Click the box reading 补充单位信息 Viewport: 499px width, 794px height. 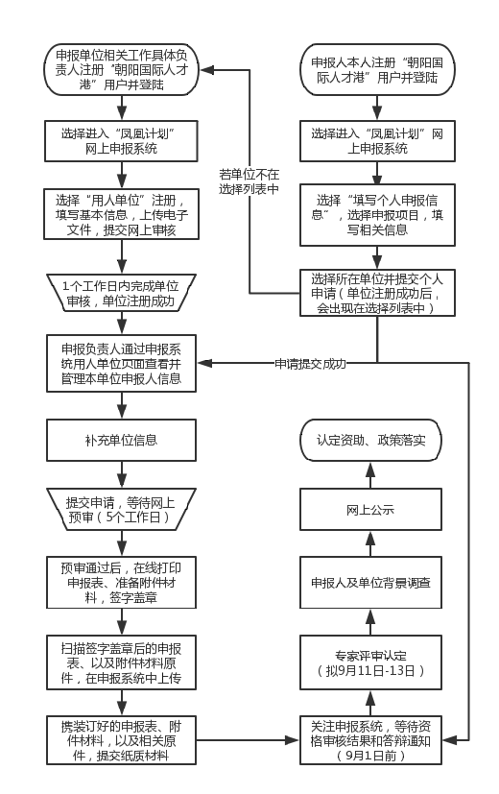point(121,440)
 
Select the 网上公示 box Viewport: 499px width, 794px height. point(370,510)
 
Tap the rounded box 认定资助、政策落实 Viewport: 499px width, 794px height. point(370,440)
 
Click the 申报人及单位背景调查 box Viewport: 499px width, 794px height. point(370,583)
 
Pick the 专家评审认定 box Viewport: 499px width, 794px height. point(370,662)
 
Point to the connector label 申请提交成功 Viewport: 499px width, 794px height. point(310,364)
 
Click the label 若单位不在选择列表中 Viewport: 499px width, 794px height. point(249,181)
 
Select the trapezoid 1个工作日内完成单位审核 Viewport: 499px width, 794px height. point(121,293)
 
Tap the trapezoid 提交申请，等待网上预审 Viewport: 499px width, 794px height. point(121,510)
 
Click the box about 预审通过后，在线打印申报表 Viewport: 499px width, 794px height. point(121,583)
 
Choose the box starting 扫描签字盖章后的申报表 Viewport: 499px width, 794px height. point(121,662)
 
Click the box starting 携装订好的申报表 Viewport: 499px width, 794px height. point(121,740)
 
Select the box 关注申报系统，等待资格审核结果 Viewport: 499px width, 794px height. point(370,740)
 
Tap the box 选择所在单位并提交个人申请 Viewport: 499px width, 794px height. point(377,293)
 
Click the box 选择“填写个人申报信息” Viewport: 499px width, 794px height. point(377,215)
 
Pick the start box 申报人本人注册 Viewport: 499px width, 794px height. point(377,70)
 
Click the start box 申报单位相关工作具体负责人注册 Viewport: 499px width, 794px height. point(121,70)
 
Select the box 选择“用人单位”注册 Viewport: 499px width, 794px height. point(121,215)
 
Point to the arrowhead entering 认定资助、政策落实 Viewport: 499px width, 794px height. point(370,468)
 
